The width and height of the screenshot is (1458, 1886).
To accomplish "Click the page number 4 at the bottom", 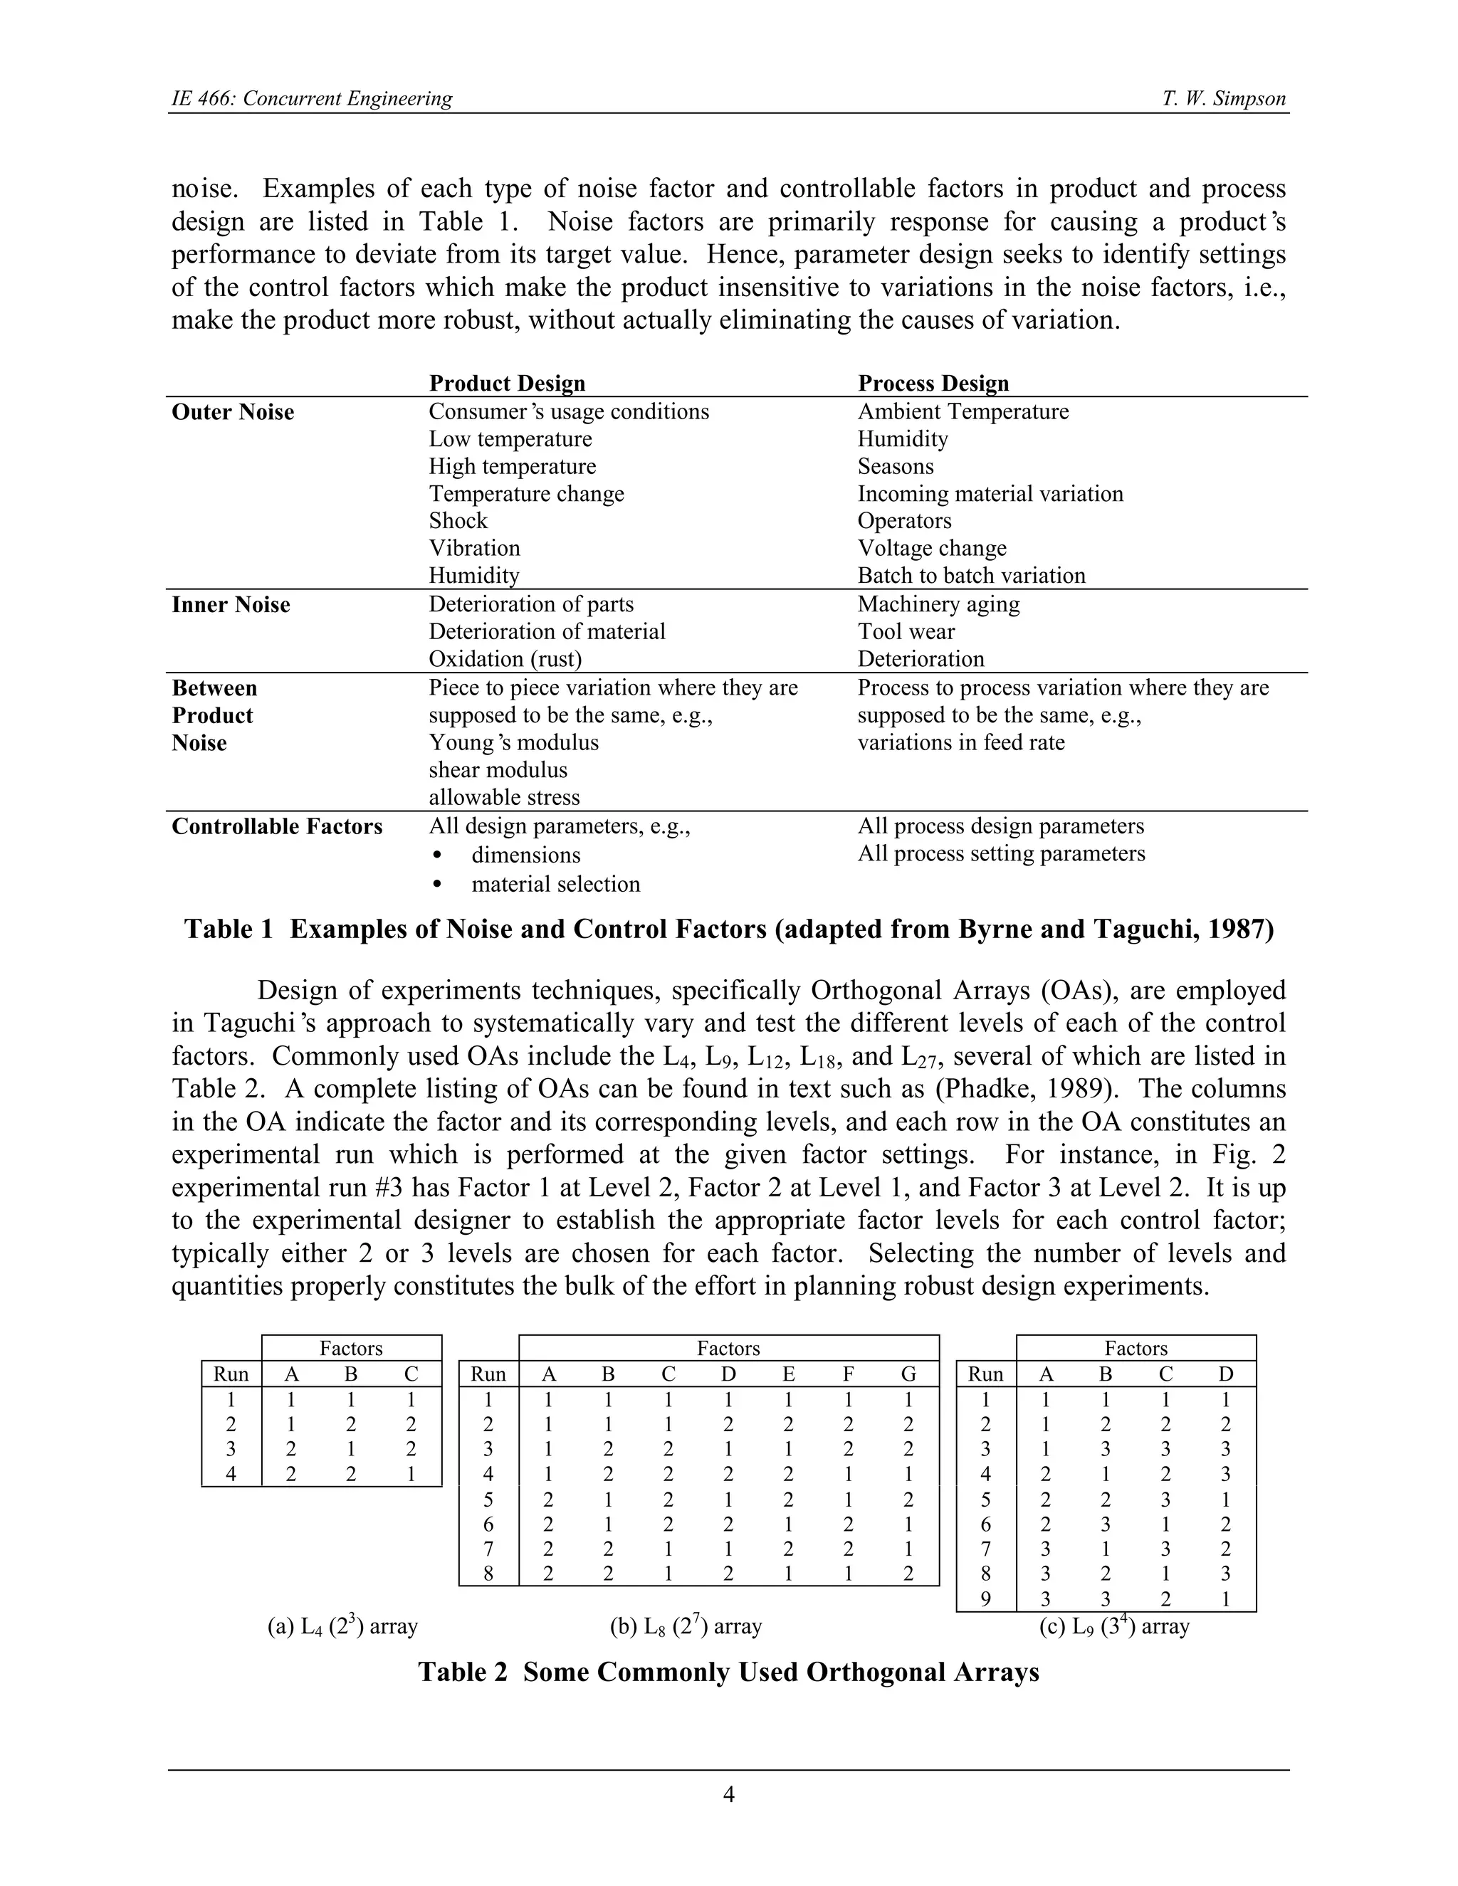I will [x=728, y=1794].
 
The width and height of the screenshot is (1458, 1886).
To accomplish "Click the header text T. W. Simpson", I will [x=1223, y=98].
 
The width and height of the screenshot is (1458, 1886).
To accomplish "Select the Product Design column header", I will [x=507, y=384].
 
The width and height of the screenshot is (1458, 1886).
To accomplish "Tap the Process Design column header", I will [x=933, y=384].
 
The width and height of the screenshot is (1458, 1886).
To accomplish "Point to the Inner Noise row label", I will [x=231, y=604].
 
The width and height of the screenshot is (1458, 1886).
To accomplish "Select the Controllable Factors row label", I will [x=276, y=826].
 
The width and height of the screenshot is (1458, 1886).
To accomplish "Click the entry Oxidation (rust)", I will [x=505, y=659].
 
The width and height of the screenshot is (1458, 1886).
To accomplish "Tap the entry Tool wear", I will [x=906, y=631].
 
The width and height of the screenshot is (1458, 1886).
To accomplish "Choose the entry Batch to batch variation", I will [x=971, y=576].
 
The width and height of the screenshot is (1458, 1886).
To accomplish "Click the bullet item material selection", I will [x=555, y=884].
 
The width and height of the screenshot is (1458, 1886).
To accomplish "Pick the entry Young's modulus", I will [x=513, y=742].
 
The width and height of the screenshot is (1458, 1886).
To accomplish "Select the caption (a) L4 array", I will [x=343, y=1627].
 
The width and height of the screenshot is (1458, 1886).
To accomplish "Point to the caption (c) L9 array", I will [x=1114, y=1627].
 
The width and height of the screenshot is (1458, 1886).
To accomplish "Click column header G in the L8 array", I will [x=908, y=1374].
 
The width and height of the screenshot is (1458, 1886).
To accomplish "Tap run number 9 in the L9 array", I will [x=985, y=1599].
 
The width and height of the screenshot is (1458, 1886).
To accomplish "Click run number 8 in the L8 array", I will [x=488, y=1574].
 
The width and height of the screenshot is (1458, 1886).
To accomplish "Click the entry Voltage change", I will [x=931, y=548].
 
